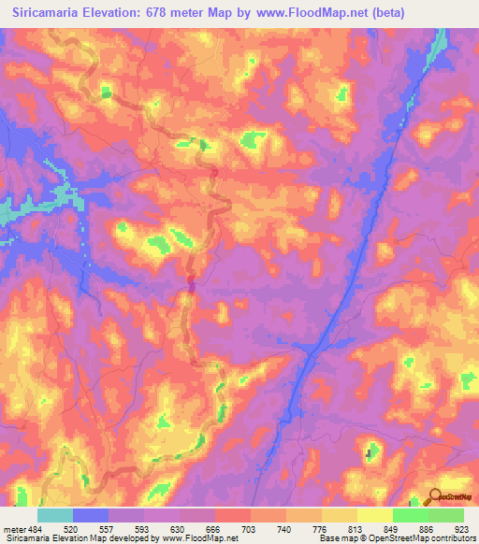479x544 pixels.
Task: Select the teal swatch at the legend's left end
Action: point(55,515)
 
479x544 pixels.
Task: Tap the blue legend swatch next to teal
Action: point(91,515)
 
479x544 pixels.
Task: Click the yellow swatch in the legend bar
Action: point(374,515)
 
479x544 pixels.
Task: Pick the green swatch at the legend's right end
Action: point(445,515)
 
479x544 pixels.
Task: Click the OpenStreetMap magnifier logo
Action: point(434,496)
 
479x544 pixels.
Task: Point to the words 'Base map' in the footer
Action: point(338,539)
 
